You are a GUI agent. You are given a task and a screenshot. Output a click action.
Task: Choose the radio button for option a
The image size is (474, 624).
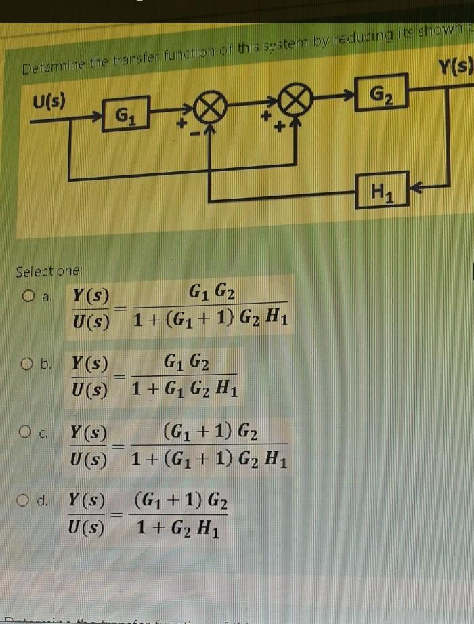[28, 295]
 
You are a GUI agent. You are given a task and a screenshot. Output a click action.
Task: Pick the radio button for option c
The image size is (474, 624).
[28, 431]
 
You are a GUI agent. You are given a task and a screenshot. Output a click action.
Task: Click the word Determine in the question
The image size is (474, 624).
[47, 68]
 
